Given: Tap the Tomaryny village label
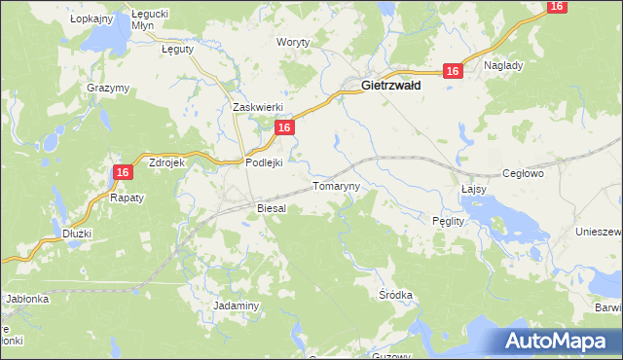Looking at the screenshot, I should click(336, 185).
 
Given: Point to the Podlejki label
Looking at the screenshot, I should click(263, 163).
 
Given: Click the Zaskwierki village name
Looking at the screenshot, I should click(257, 107).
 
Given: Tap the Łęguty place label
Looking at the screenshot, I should click(177, 48).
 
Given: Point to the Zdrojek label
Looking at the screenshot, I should click(166, 163).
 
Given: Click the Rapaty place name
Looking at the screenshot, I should click(127, 198).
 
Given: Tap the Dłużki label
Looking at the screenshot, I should click(77, 234).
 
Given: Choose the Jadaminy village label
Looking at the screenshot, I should click(236, 306).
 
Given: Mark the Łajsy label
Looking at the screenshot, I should click(473, 190).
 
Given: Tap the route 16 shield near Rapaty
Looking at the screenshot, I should click(122, 172).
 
